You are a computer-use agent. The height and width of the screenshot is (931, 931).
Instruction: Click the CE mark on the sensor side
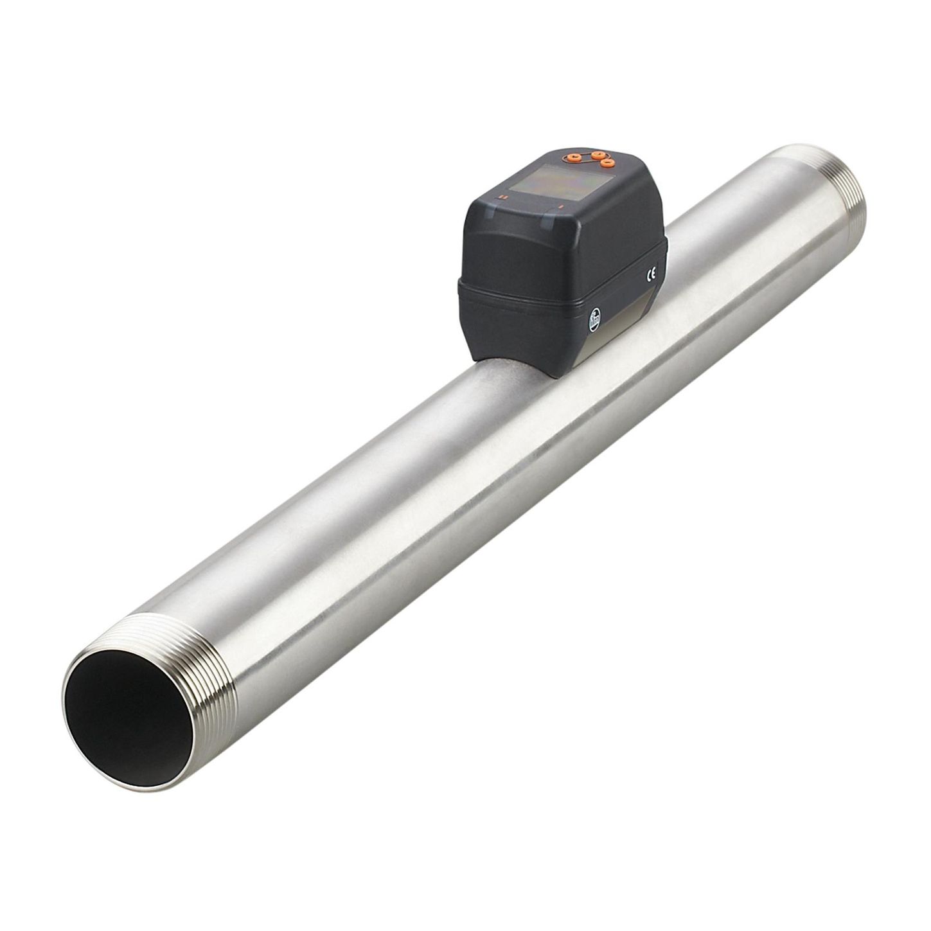pos(651,274)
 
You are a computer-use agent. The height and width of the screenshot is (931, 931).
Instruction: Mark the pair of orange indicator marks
pos(503,197)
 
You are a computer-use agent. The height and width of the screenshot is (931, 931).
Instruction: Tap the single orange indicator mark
pos(561,208)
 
